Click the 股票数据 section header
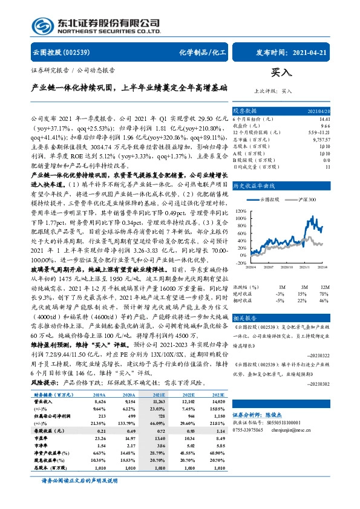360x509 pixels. (x=246, y=111)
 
